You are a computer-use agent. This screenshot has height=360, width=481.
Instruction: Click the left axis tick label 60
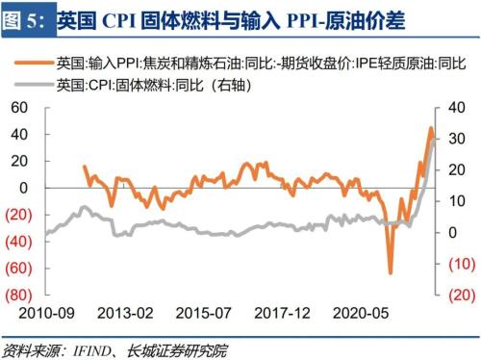[19, 108]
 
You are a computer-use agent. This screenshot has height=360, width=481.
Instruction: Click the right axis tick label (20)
[460, 295]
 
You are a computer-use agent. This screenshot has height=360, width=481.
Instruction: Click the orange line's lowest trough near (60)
[391, 272]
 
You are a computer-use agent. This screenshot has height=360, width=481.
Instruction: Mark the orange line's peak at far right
[431, 128]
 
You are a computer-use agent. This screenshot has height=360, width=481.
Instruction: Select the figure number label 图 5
[23, 18]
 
